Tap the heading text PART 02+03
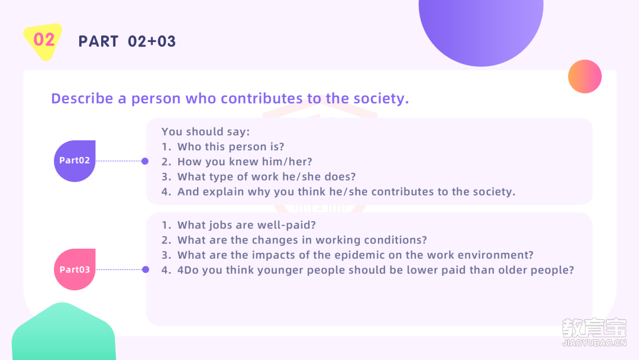(127, 41)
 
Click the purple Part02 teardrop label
(75, 161)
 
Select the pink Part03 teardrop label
(75, 269)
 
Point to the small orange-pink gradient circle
(585, 76)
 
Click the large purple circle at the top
(481, 28)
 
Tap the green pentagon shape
(63, 332)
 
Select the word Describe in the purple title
(82, 98)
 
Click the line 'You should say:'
(205, 131)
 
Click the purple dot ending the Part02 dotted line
(145, 161)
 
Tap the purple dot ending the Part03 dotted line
(146, 269)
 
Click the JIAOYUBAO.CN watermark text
(594, 343)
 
